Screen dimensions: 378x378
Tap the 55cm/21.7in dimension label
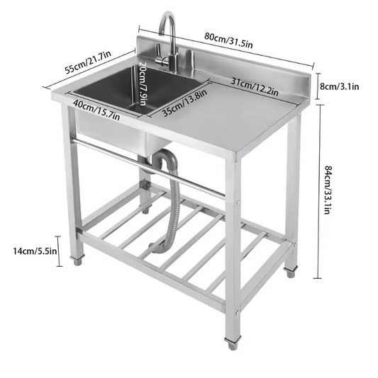[x=89, y=62]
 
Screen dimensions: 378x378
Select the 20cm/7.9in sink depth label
[x=143, y=84]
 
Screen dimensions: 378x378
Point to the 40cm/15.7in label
[x=96, y=110]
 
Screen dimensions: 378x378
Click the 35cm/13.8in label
[x=185, y=103]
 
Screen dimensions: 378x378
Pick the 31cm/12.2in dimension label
[x=255, y=86]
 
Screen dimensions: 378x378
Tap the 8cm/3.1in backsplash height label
[x=340, y=86]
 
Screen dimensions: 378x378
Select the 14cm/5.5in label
[x=35, y=251]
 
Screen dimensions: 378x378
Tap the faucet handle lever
[x=161, y=62]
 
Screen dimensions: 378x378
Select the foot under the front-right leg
[x=233, y=343]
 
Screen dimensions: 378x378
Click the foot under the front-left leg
[x=77, y=260]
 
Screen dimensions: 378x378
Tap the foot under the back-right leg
[x=290, y=272]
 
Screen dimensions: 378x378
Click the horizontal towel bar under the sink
[x=148, y=168]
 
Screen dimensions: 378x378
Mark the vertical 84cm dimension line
[x=321, y=192]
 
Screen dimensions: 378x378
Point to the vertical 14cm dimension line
[x=58, y=251]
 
